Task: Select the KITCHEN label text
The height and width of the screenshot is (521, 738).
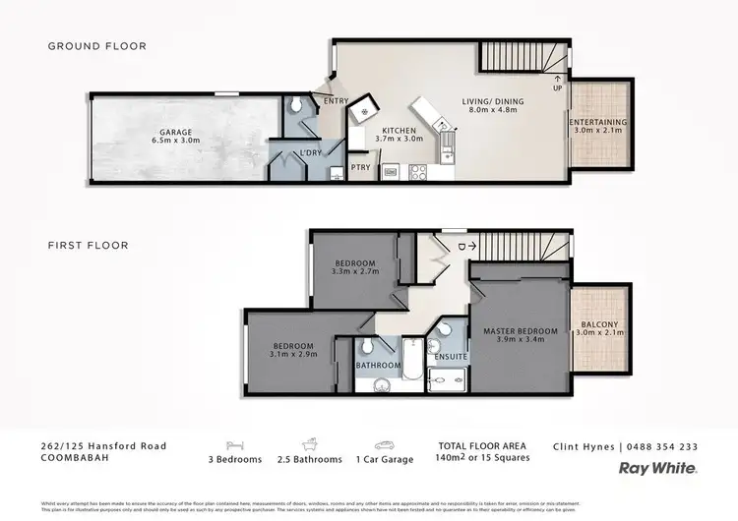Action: point(400,130)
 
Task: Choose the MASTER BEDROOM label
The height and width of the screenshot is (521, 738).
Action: point(521,331)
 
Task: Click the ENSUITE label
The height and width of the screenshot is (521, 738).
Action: point(451,356)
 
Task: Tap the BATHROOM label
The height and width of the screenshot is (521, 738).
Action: point(378,366)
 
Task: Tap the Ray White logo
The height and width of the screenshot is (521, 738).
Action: point(658,469)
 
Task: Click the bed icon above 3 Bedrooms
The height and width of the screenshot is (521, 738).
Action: point(234,444)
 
